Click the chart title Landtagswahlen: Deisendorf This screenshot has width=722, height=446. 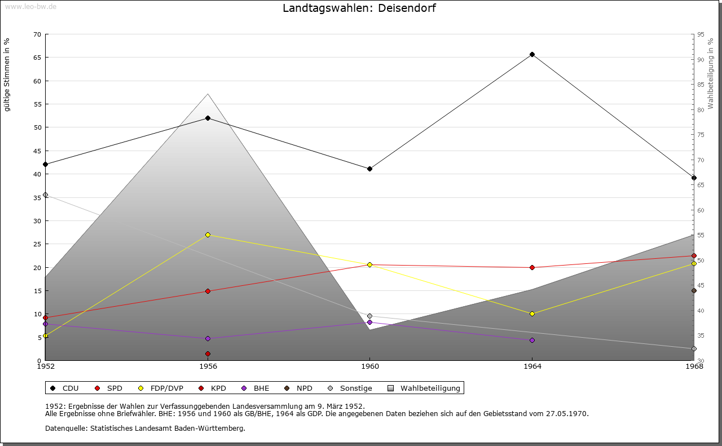tap(359, 8)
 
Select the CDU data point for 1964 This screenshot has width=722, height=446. tap(532, 55)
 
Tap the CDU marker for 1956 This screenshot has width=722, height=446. tap(208, 118)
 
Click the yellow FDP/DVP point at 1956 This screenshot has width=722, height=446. tap(208, 235)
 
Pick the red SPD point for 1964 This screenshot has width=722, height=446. tap(532, 267)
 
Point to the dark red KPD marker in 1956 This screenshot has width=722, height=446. tap(208, 354)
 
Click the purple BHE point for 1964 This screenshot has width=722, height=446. tap(532, 340)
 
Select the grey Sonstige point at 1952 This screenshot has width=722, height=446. tap(46, 195)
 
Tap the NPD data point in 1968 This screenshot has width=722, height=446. tap(694, 291)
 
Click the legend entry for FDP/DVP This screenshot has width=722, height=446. tap(161, 388)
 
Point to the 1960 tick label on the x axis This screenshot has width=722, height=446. tap(369, 366)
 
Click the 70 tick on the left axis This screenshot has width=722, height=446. tap(37, 34)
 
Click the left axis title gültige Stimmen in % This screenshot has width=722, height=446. tap(7, 74)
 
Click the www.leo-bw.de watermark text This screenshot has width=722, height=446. tap(30, 6)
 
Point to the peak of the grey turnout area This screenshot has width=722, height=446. tap(208, 94)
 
